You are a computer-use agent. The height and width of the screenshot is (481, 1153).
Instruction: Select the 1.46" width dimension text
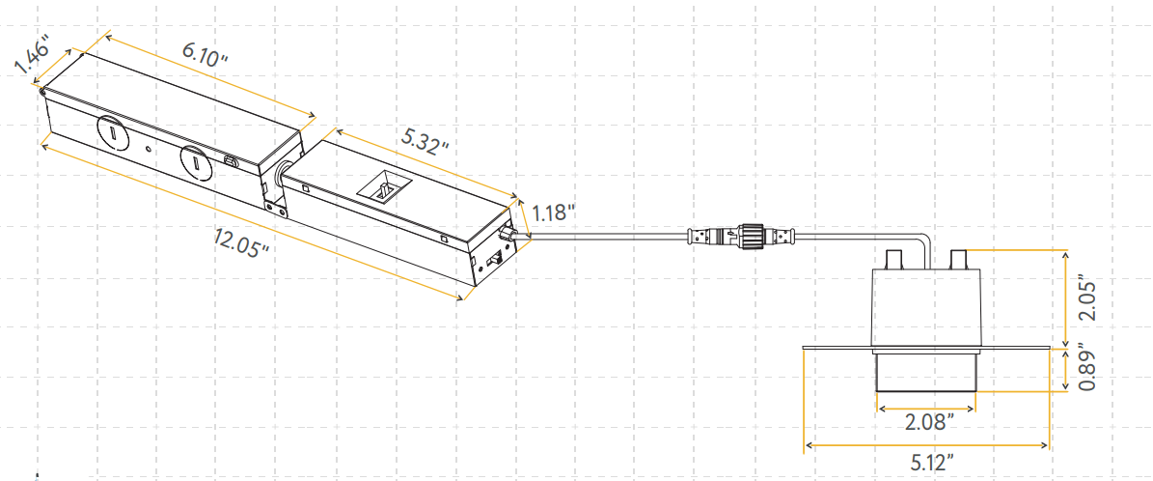tap(32, 60)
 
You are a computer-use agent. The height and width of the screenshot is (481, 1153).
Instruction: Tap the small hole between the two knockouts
tap(147, 149)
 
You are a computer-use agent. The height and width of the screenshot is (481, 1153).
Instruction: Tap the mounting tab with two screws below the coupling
tap(274, 205)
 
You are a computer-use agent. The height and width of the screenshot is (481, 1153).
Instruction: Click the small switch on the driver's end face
tap(493, 260)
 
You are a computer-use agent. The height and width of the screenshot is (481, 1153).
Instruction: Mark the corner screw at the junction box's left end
tap(42, 91)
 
